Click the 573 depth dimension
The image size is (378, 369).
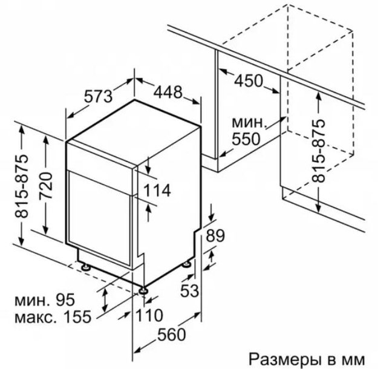click(99, 96)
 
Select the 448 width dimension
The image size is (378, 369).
click(168, 93)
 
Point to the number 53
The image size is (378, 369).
click(189, 291)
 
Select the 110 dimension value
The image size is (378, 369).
click(150, 315)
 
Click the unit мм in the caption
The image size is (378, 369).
click(354, 356)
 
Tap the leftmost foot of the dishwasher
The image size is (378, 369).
click(83, 266)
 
